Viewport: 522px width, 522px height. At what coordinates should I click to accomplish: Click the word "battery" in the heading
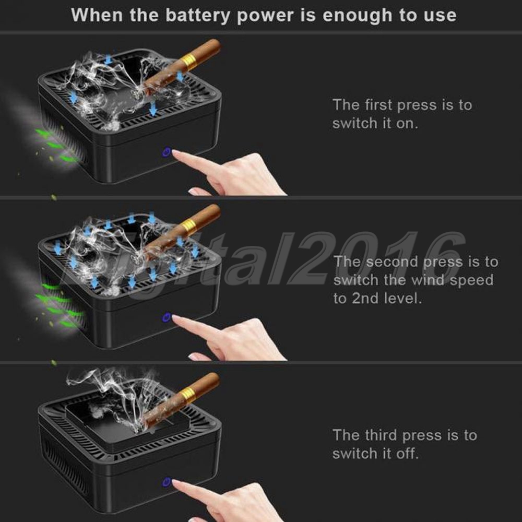tap(198, 15)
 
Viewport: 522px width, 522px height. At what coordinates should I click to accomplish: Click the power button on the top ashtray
tap(166, 152)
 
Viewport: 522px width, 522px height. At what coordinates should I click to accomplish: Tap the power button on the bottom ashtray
tap(166, 482)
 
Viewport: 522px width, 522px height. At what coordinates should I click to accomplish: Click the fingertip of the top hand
tap(175, 152)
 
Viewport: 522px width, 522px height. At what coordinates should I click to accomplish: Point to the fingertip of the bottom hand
tap(175, 482)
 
